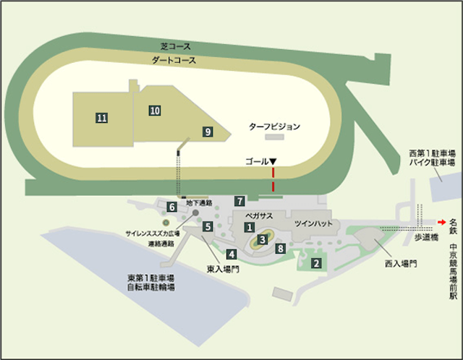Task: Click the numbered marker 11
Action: [102, 117]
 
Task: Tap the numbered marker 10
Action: [154, 110]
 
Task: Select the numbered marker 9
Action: [208, 132]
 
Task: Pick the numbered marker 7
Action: [239, 200]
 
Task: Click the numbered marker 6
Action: [171, 207]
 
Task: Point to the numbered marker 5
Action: [208, 227]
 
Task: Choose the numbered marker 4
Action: [231, 254]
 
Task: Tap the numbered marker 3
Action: [263, 239]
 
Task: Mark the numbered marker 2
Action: [315, 263]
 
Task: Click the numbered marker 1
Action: [250, 227]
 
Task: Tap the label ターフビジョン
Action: [274, 126]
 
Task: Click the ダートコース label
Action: [174, 61]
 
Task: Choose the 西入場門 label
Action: [401, 265]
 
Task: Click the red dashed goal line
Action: [273, 180]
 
